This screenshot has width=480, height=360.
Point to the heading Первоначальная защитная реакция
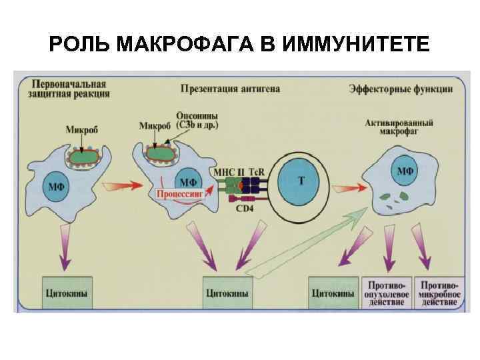click(69, 89)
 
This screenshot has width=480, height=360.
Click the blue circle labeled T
click(301, 181)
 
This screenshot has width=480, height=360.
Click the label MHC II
click(227, 171)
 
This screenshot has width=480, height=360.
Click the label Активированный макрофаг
click(400, 127)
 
